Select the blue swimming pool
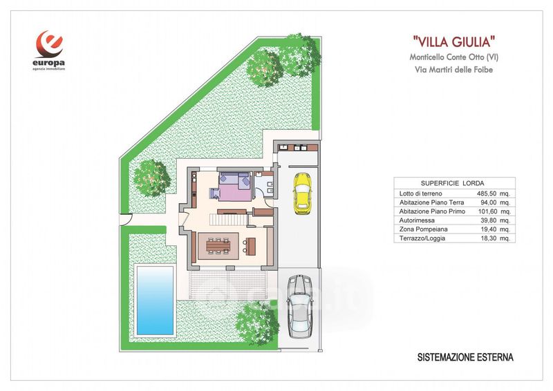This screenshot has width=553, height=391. point(155,300)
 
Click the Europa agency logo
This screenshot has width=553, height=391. point(49,50)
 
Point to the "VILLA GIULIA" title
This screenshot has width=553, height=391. point(453,42)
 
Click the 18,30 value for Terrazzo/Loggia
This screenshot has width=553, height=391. point(488,238)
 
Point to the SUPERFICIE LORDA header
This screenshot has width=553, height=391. point(453,183)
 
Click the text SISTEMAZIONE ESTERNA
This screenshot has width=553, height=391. point(465,357)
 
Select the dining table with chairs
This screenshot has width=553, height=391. point(218,245)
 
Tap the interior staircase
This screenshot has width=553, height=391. point(228,220)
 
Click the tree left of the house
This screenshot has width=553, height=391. point(152,178)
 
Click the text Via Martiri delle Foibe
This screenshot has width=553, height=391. point(453,70)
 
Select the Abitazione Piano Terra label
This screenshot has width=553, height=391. point(431,202)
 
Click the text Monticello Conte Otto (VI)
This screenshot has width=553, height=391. point(454,57)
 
